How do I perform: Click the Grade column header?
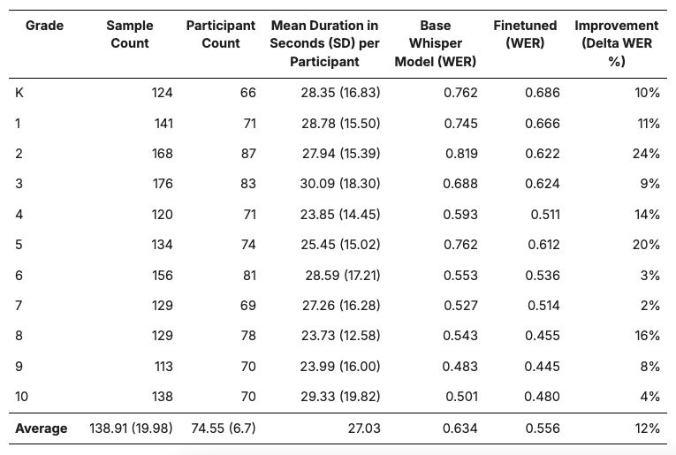44,26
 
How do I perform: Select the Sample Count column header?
130,34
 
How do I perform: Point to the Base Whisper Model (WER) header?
436,43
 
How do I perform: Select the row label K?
19,93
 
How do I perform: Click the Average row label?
42,428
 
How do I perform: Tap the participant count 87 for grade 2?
247,154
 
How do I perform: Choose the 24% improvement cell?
646,154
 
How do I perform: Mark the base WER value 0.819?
460,154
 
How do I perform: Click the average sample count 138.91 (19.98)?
131,428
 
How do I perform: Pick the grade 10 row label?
22,397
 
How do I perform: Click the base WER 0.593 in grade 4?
460,215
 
